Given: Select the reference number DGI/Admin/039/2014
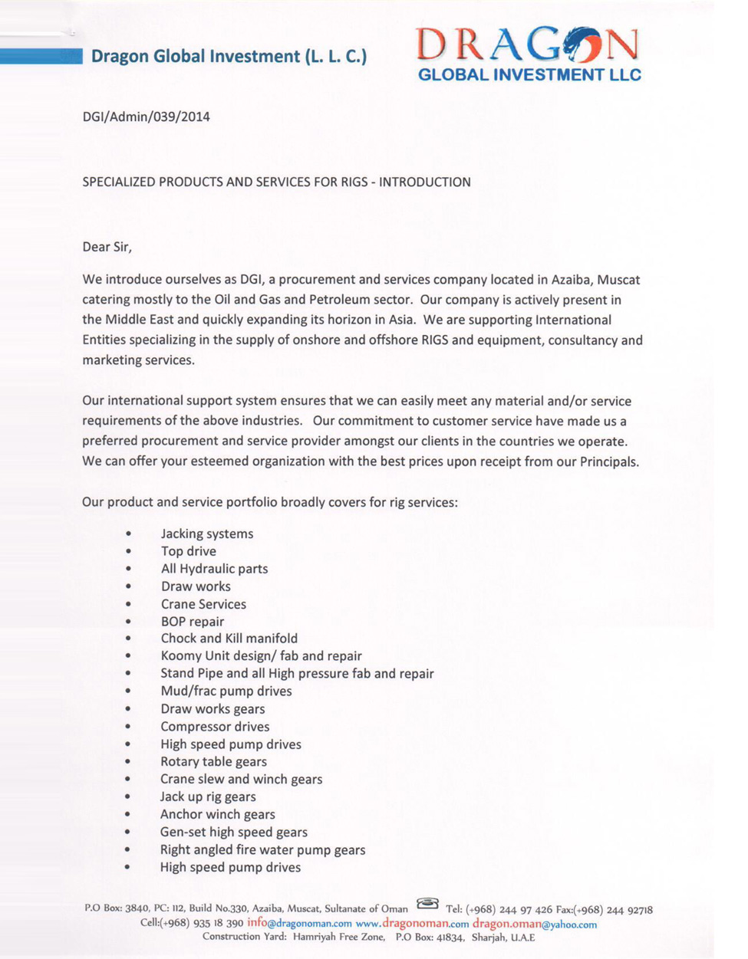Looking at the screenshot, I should pos(146,117).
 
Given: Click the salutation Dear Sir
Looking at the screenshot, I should pos(107,247).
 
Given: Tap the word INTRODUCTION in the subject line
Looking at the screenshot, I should pos(425,182).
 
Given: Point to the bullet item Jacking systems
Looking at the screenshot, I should pos(206,534).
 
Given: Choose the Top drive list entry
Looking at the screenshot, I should pos(188,551).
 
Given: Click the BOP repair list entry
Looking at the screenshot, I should pos(192,622).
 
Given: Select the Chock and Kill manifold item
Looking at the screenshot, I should pos(229,639).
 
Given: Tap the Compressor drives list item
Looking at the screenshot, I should pos(215,727).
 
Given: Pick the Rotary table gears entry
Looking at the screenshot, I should pos(213,762).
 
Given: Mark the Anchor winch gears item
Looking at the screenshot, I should pos(217,815).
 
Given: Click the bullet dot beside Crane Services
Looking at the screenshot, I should pos(128,605).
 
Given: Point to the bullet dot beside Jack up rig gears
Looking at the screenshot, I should pos(128,798).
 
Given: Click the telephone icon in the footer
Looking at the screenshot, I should pos(427,905).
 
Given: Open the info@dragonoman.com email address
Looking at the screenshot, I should pos(299,924).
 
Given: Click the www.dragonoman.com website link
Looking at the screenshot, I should pos(412,924).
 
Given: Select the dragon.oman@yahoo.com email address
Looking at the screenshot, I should pos(535,924).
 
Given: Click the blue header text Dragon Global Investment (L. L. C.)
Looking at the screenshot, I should pos(229,56).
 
